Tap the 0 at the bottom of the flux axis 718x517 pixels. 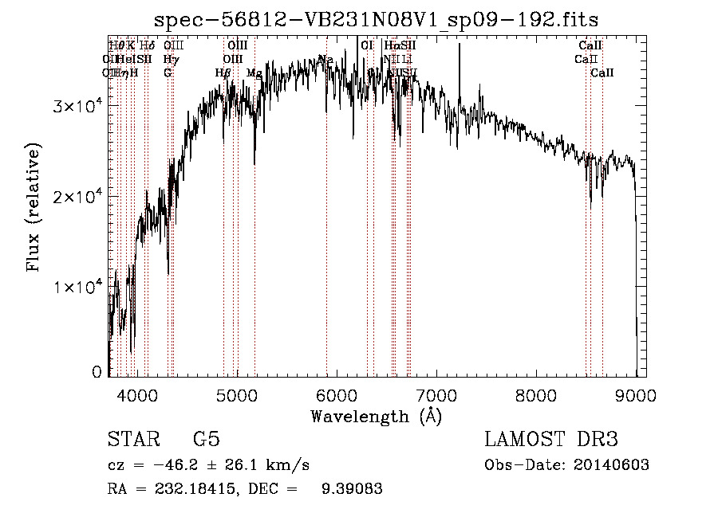(x=97, y=372)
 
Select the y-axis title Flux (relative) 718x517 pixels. (x=34, y=208)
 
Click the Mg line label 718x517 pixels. (x=254, y=73)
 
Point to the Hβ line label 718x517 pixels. (x=223, y=73)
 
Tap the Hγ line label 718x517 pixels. (x=170, y=59)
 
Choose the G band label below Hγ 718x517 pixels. (x=168, y=73)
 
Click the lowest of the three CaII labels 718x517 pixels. (x=602, y=73)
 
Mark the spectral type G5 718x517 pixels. (x=207, y=440)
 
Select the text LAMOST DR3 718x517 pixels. (x=551, y=440)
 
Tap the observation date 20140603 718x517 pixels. (x=611, y=465)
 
